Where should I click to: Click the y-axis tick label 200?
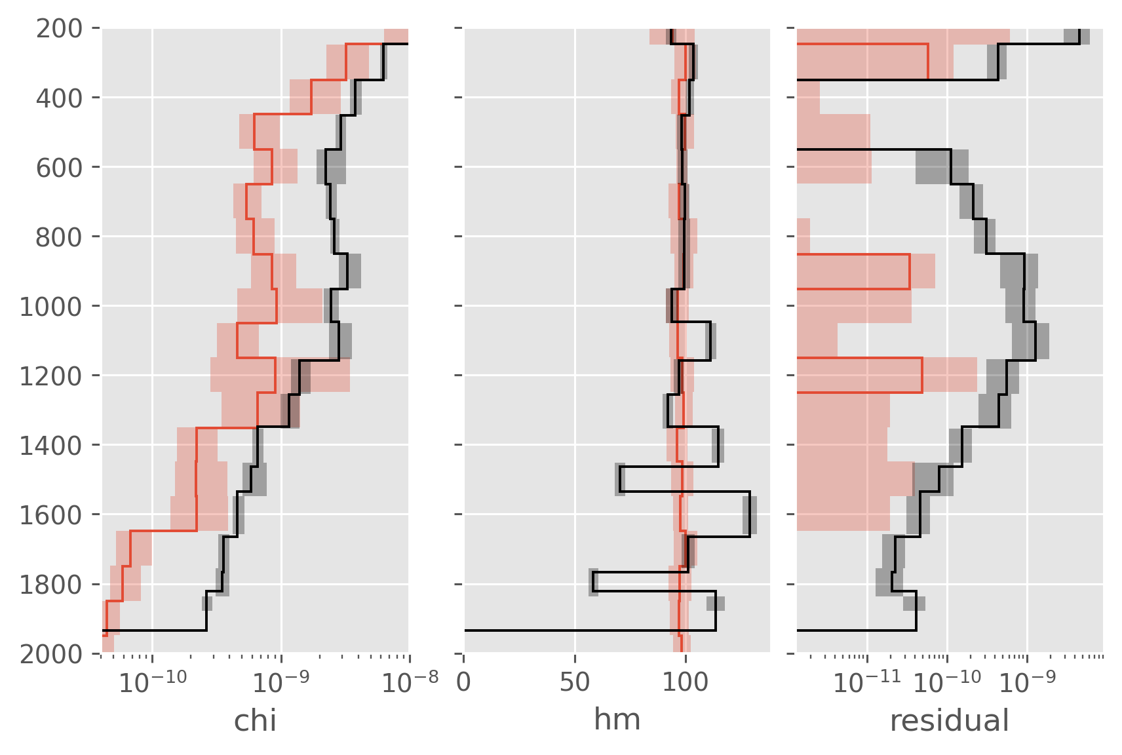coord(59,29)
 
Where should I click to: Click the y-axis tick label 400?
coord(59,98)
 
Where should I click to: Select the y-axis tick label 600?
coord(59,168)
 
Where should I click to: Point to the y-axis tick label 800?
coord(59,237)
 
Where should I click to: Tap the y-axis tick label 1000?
coord(51,307)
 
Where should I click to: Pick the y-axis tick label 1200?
coord(51,376)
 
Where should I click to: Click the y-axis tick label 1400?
coord(51,446)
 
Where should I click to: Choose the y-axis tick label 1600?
coord(51,515)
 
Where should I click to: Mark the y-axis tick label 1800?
coord(51,585)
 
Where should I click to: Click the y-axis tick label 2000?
coord(51,654)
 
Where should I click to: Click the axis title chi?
coord(255,721)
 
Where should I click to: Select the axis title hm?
coord(617,720)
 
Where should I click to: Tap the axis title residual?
coord(950,721)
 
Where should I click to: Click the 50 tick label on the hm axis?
coord(575,682)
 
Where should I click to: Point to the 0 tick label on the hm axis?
coord(463,682)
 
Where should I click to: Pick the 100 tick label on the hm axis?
coord(686,682)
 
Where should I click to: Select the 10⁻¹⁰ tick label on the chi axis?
coord(153,682)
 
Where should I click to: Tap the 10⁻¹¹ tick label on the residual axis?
coord(867,682)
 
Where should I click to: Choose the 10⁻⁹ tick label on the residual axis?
coord(1026,682)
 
